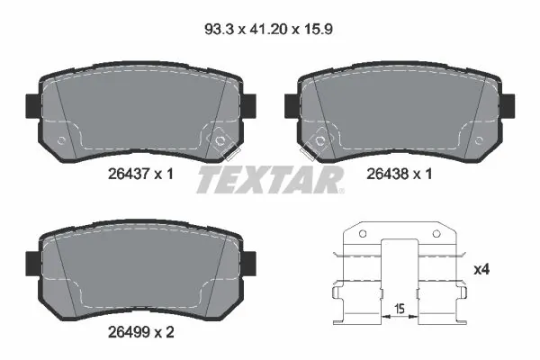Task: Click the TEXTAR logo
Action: pos(269,180)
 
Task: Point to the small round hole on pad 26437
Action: pos(60,140)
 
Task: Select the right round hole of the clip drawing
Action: pos(438,237)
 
